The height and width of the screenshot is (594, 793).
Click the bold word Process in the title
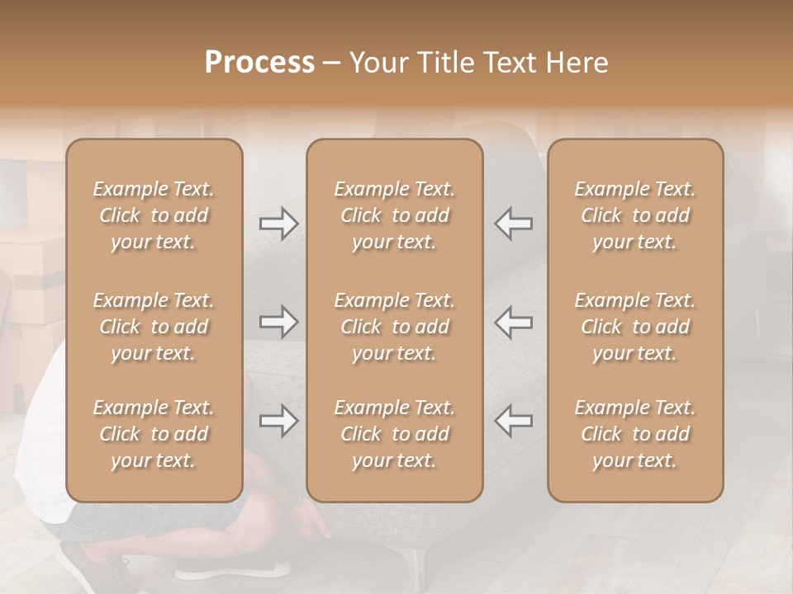coord(259,63)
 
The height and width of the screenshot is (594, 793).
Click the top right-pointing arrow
coord(278,224)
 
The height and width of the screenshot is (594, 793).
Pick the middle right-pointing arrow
coord(278,322)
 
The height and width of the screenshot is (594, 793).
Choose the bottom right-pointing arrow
coord(278,421)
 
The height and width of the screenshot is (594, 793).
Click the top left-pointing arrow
coord(513,224)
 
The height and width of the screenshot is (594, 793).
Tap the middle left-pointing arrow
coord(513,322)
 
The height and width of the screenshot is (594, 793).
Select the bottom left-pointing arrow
coord(513,421)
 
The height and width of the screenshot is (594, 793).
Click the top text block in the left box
coord(154,215)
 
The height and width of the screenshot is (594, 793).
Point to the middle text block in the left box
coord(154,327)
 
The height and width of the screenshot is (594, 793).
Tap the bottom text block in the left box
coord(154,434)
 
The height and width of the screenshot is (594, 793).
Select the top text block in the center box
coord(394,215)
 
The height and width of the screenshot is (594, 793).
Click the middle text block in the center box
coord(394,327)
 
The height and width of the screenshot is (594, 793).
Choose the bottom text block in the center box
coord(394,434)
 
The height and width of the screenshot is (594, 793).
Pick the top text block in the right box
coord(634,215)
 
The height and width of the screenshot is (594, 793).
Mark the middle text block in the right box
coord(634,327)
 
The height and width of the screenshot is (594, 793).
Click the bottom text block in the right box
coord(634,434)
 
